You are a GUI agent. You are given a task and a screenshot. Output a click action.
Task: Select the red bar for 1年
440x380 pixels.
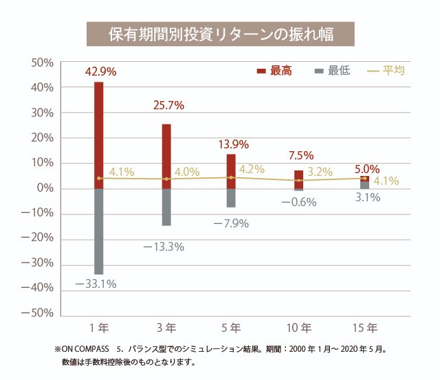(99, 134)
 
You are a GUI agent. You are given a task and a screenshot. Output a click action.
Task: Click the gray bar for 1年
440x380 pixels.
(99, 231)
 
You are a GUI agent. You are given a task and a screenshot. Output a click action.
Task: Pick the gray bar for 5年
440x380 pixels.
(231, 198)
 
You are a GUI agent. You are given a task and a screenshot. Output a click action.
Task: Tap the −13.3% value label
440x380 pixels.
(163, 245)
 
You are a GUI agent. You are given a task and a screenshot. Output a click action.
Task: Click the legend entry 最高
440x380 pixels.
(275, 71)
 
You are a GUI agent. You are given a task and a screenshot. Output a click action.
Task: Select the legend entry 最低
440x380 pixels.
(333, 71)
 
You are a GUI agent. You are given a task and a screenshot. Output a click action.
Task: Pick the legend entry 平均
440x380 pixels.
(388, 71)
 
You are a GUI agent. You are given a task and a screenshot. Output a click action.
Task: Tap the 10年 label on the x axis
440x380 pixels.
(299, 327)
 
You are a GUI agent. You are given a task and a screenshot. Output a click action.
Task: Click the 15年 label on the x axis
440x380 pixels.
(364, 327)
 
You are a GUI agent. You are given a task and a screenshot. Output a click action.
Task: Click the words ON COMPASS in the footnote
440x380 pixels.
(86, 350)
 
